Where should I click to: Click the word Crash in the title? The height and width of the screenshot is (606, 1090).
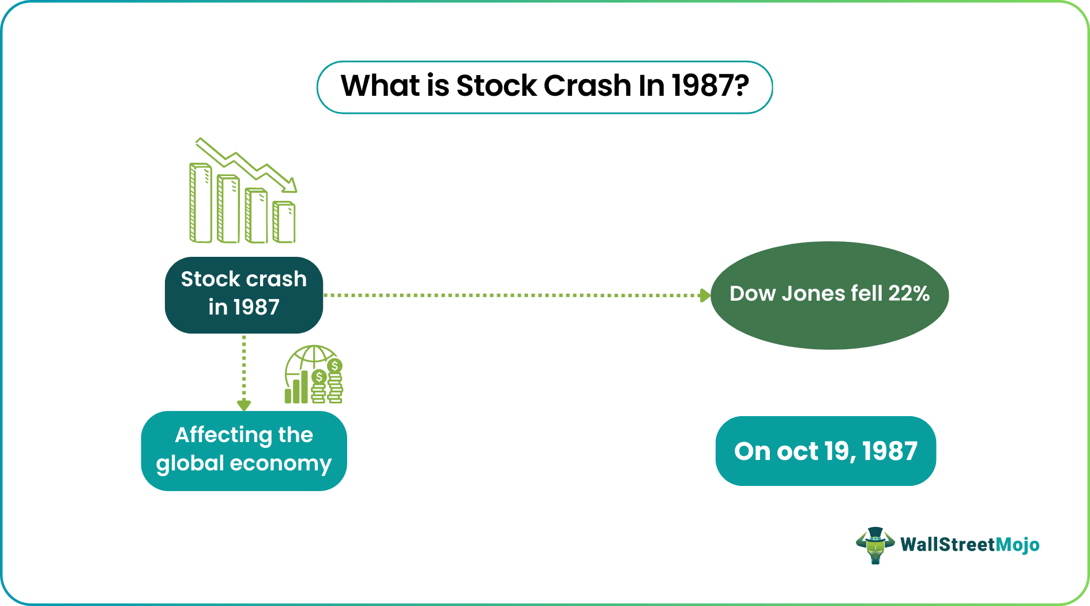coord(587,86)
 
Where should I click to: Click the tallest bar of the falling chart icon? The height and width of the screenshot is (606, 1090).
coord(201,203)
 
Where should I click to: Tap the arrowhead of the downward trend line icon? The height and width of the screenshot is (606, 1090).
coord(290,185)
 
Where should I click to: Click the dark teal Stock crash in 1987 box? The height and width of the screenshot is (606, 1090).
coord(243,295)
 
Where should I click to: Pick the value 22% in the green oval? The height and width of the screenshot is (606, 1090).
coord(908,294)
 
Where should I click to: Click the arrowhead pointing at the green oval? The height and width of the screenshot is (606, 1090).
coord(705,295)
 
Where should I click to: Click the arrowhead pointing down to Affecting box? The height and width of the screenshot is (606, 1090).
coord(243,405)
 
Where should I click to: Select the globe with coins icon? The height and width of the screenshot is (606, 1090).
coord(314,375)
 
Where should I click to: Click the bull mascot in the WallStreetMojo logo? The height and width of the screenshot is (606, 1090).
coord(875,545)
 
